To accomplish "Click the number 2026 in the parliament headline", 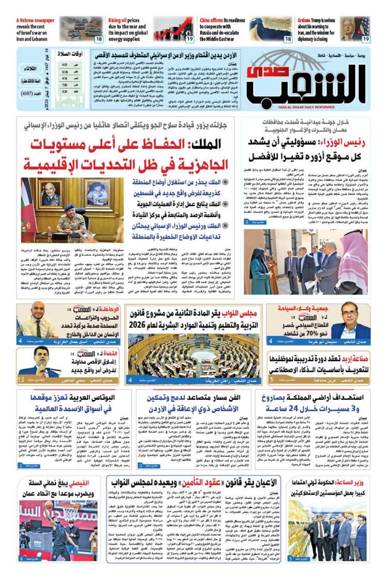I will [x=147, y=326].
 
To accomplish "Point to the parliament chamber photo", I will [x=201, y=356].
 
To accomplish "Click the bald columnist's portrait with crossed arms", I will [x=36, y=320].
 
